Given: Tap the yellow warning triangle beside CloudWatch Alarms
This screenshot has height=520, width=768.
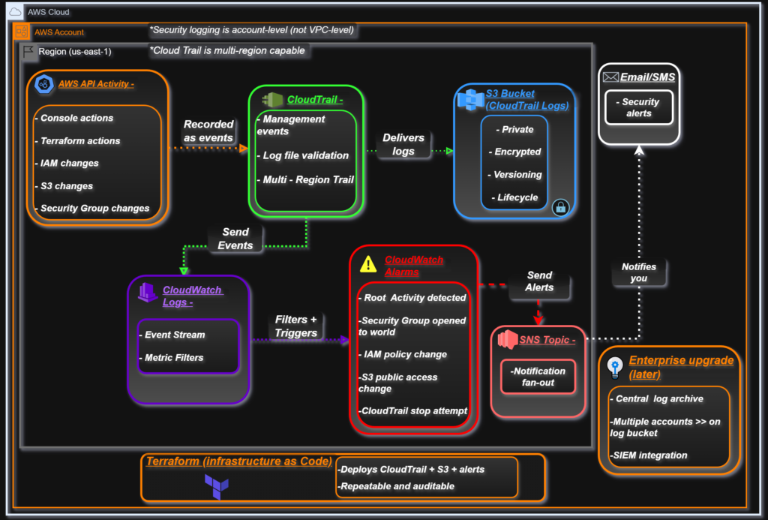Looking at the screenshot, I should [x=368, y=264].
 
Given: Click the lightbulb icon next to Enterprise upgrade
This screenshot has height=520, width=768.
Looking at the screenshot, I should [x=615, y=367].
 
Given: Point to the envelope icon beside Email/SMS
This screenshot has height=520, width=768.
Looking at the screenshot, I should [x=610, y=77].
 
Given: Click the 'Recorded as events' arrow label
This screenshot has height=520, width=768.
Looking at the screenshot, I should [x=208, y=131].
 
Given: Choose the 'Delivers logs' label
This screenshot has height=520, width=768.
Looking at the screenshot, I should [x=403, y=144].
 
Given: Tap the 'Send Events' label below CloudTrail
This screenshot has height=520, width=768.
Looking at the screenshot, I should [x=235, y=239].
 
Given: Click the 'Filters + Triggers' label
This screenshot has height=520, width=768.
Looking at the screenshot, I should [x=296, y=326].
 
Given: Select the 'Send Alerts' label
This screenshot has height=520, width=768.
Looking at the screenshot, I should [x=539, y=281].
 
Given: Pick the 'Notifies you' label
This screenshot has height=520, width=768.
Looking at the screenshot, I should [x=639, y=272].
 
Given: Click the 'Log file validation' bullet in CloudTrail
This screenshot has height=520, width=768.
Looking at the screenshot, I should [x=305, y=155].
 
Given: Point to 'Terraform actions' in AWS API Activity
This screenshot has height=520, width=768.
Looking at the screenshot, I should [x=80, y=140].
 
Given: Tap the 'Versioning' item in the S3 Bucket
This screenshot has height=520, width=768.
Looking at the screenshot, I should [x=517, y=174].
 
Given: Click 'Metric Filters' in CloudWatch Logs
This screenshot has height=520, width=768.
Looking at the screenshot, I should [x=174, y=357].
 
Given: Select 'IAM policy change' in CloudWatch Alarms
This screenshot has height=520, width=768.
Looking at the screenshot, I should [x=405, y=354].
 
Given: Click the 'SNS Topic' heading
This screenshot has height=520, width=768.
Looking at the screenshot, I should [x=547, y=340].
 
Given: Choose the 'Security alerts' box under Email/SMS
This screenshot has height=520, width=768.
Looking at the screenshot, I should [x=639, y=107].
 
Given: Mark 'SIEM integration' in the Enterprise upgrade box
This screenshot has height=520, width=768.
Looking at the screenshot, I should [x=649, y=455].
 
